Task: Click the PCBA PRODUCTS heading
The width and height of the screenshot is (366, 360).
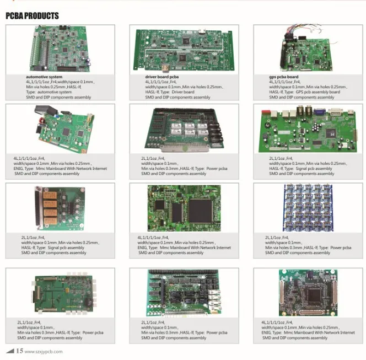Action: tap(33, 16)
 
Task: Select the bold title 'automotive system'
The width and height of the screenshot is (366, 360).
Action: tap(44, 77)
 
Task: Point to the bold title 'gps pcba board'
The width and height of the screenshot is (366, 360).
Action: tap(284, 77)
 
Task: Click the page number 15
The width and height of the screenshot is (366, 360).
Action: tap(19, 351)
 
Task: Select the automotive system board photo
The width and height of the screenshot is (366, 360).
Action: tap(61, 49)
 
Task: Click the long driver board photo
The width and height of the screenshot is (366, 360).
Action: tap(184, 49)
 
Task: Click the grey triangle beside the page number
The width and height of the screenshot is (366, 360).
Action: tap(9, 351)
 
